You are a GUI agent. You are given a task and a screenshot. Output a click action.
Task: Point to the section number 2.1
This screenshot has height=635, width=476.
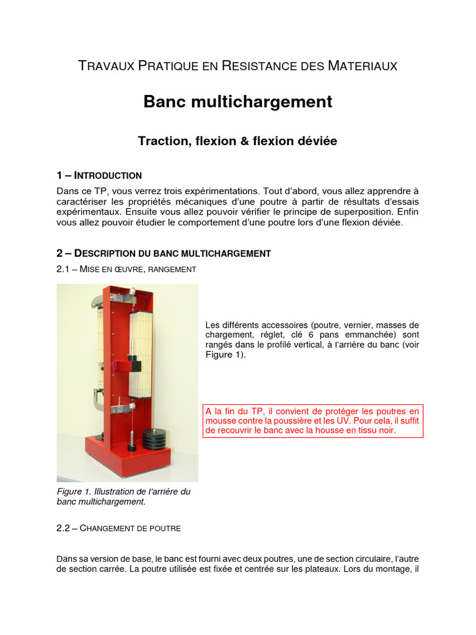(64, 269)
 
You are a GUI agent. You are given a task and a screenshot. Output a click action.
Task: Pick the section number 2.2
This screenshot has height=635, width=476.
(64, 528)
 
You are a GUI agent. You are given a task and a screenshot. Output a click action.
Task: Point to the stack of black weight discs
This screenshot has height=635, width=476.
(154, 437)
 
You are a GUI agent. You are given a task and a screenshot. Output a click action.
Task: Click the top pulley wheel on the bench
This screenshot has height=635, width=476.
(132, 290)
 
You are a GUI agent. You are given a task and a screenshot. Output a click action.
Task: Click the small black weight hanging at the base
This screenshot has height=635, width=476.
(132, 446)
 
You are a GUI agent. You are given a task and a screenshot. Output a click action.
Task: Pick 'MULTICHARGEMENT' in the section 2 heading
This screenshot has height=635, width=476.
(229, 253)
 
